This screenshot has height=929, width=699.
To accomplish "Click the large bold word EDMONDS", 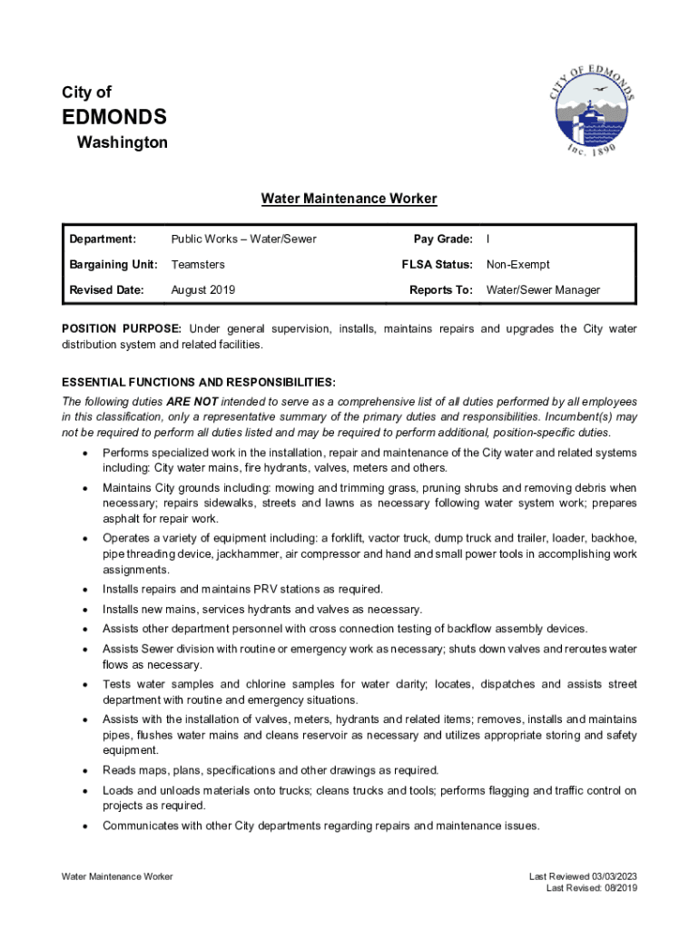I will click(x=113, y=117).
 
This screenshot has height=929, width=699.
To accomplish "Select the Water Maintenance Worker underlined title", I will click(x=349, y=199).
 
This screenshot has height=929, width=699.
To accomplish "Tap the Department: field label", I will click(x=103, y=240).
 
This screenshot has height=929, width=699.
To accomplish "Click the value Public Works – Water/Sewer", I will click(x=243, y=240).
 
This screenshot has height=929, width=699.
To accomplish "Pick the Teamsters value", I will click(x=198, y=265).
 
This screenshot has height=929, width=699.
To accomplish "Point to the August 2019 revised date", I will click(x=202, y=290).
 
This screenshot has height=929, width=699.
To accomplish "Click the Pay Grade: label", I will click(x=443, y=240).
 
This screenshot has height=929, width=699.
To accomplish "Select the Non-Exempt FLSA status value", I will click(x=517, y=265).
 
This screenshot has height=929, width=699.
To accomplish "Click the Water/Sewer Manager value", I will click(x=543, y=290).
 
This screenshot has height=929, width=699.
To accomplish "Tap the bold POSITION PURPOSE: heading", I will click(x=122, y=328).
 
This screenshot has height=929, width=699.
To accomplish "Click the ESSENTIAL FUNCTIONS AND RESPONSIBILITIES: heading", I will click(x=198, y=382).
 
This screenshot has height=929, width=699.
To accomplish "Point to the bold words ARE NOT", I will click(x=191, y=401).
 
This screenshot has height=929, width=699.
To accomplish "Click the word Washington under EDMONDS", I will click(x=122, y=143).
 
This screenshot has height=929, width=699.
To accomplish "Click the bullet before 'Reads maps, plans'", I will click(x=84, y=771).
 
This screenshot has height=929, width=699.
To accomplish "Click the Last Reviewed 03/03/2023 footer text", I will click(x=583, y=876).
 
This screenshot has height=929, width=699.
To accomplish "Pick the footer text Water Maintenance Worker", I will click(x=117, y=876).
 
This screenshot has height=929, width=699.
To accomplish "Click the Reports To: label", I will click(x=441, y=290).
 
